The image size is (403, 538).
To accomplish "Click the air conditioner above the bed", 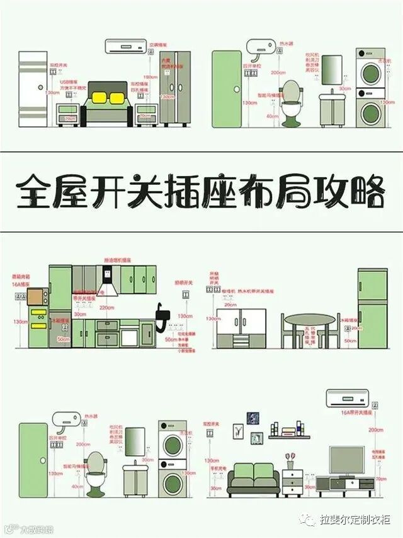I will tap(124, 46).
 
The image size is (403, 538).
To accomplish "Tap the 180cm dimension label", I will tap(150, 77).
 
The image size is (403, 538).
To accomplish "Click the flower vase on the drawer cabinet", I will tap(290, 458).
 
